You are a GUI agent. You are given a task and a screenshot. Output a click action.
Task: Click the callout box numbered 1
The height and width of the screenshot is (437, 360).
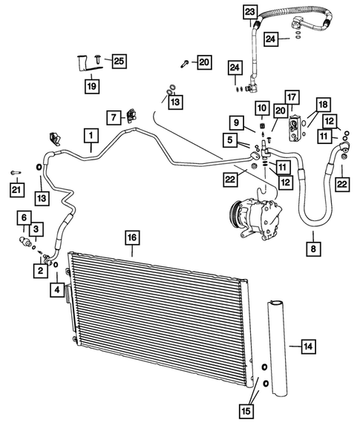tap(91, 136)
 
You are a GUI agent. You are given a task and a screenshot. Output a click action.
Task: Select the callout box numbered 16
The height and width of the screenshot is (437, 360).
tap(132, 237)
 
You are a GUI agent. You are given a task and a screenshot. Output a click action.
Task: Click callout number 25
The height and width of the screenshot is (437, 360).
tap(119, 61)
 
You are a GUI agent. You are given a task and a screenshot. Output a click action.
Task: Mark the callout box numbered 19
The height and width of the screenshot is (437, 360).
tap(91, 86)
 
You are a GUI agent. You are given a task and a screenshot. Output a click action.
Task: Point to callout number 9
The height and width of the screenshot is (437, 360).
tap(235, 122)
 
